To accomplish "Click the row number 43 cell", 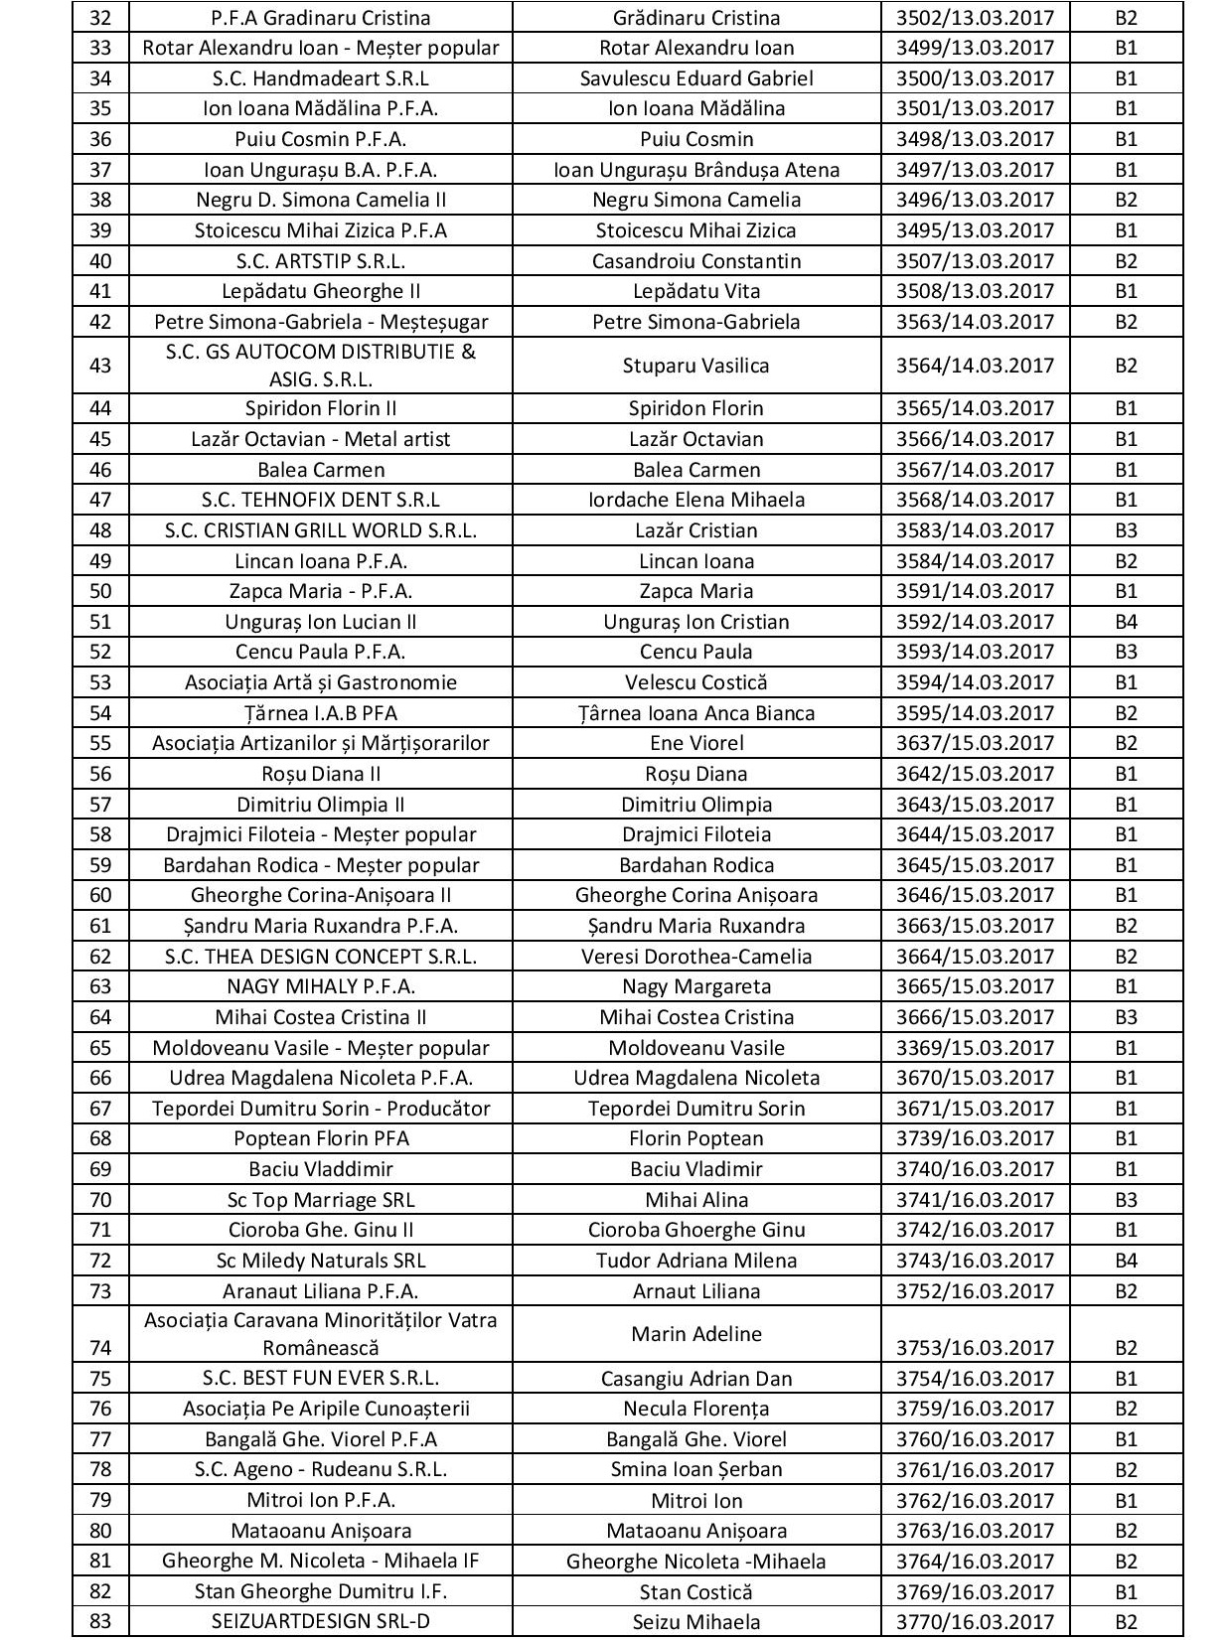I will point(100,365).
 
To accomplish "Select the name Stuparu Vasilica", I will point(695,365).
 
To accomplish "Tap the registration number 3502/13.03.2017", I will point(975,18).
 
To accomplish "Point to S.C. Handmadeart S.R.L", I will point(321,78).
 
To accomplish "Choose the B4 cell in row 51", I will point(1125,622).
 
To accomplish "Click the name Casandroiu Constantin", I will point(695,261).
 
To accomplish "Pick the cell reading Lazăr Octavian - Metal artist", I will point(321,439).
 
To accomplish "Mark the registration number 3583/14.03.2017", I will point(975,530).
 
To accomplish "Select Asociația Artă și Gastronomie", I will point(321,682).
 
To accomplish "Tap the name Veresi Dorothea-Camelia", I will point(695,957).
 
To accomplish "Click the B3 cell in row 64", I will point(1125,1017).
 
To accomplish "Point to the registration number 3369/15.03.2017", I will point(975,1048).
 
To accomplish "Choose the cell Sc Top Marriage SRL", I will point(321,1200).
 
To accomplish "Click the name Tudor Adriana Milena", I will point(695,1261).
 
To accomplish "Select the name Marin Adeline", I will point(695,1334).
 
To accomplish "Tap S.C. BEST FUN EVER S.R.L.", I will point(321,1378).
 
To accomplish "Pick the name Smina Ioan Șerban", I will point(695,1469).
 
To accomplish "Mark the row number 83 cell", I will point(100,1622).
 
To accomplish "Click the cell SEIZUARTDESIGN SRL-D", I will point(321,1622).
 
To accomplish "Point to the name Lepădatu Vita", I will point(695,291).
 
